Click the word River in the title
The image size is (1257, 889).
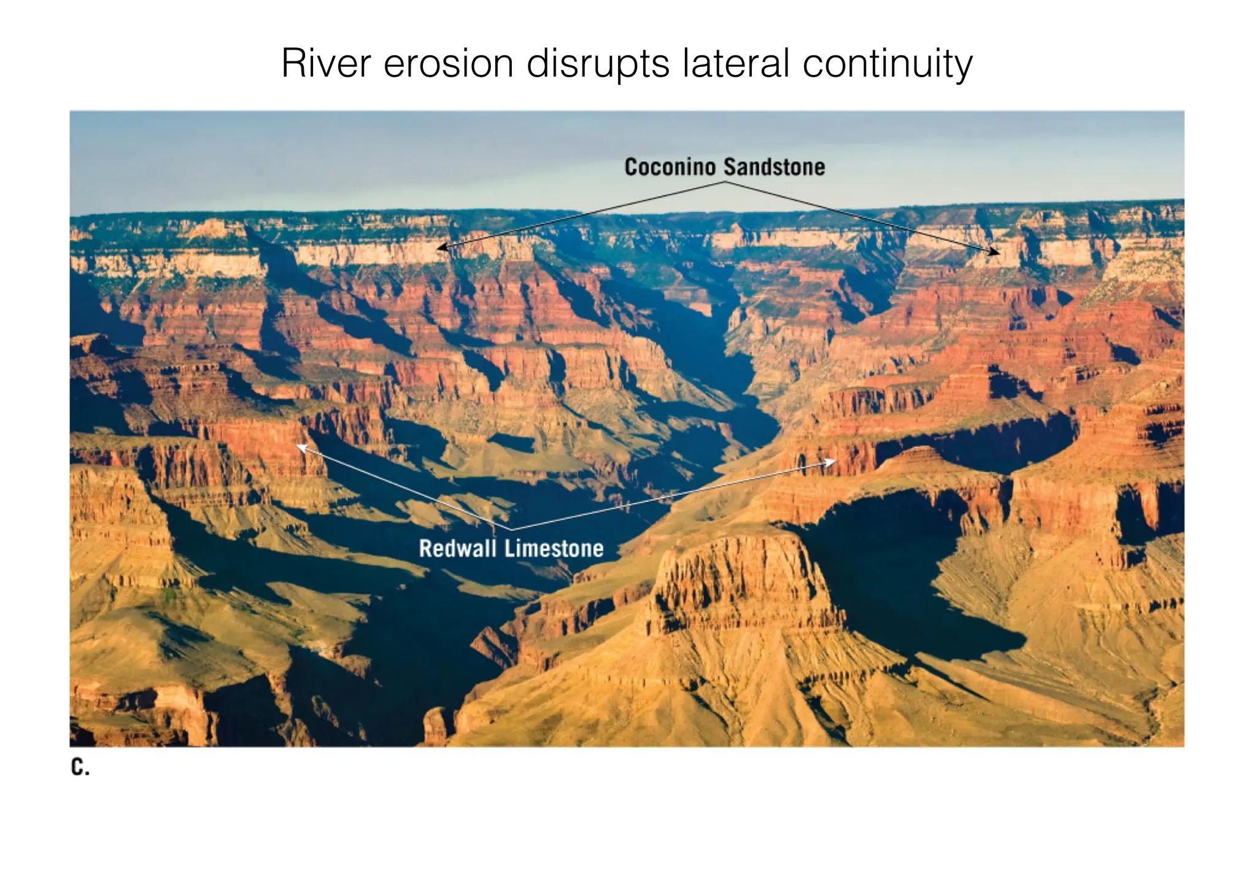tap(326, 63)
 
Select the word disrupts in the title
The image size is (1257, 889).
tap(597, 63)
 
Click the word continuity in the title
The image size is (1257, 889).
tap(887, 63)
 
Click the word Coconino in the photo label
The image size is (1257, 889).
tap(670, 167)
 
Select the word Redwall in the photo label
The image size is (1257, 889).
tap(457, 548)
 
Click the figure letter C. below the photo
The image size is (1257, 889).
tap(80, 767)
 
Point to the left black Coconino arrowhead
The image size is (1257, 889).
tap(439, 247)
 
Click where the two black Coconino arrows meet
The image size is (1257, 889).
tap(725, 182)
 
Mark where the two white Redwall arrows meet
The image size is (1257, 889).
tap(511, 529)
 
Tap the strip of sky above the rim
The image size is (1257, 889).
tap(368, 160)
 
